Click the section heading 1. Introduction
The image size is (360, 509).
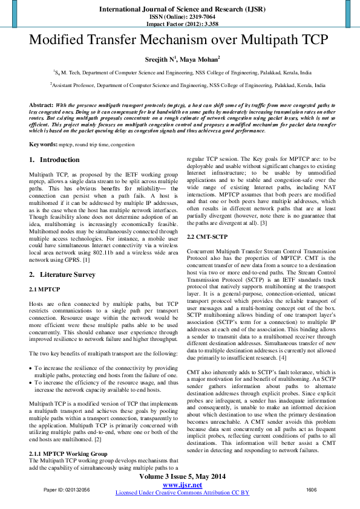(54, 160)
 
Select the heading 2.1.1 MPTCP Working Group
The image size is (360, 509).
(68, 453)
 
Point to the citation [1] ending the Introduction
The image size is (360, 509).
(87, 259)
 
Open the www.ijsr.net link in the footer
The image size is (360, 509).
(182, 485)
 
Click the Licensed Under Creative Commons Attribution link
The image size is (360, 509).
(182, 493)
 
